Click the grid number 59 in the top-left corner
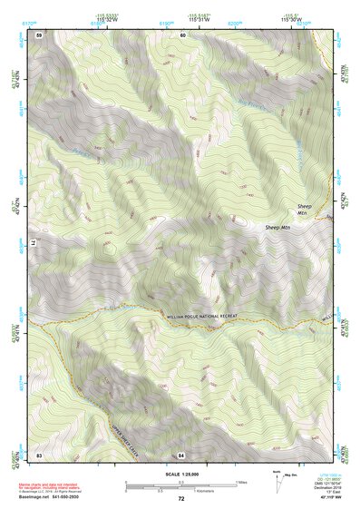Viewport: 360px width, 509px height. pyautogui.click(x=39, y=34)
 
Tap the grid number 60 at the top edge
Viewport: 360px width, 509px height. pyautogui.click(x=182, y=34)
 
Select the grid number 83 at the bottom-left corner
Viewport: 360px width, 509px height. pyautogui.click(x=39, y=455)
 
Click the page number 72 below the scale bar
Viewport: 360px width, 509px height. pyautogui.click(x=181, y=499)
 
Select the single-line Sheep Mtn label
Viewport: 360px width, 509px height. pyautogui.click(x=277, y=227)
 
